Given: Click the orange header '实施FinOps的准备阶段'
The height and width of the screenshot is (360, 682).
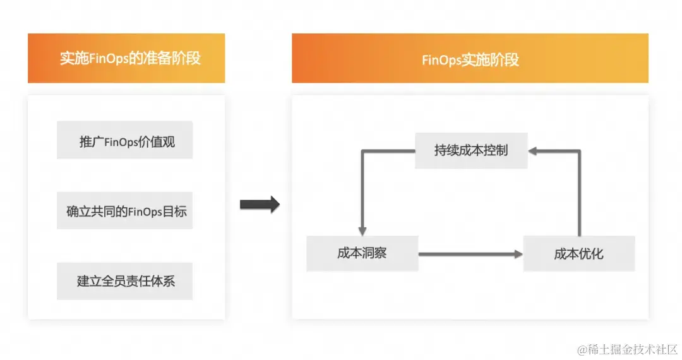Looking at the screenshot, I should coord(126,58).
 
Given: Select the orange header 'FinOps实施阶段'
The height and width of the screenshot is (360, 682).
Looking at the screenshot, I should coord(470,58).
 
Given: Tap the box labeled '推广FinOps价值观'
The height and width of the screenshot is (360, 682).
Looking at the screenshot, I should coord(124,140).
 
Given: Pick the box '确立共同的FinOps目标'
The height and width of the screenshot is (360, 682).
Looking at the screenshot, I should coord(124,211).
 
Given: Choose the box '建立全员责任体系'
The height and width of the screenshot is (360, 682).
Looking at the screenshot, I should coord(124,281).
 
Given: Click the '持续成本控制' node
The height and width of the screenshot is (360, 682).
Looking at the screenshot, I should coord(471,150).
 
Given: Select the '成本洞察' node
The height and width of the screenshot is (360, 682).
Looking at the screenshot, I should coord(362,253).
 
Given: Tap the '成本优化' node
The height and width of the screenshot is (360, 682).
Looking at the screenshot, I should coord(579,253).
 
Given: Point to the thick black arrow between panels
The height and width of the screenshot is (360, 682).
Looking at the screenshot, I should coord(260,204).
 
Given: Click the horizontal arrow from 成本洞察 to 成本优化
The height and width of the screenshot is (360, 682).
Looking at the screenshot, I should coord(470,254).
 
